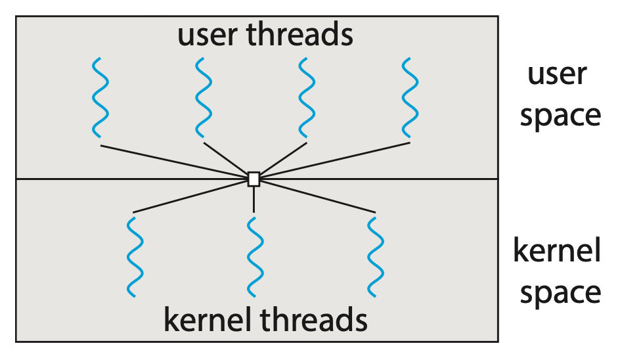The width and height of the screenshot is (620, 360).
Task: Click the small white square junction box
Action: pos(254,179)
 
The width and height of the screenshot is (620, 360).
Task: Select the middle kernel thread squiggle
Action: pos(254,256)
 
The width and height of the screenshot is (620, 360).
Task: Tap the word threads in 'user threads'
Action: pos(300,35)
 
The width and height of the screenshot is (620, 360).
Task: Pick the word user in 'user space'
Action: pos(558,74)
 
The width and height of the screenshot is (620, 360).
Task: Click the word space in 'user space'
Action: pos(560,116)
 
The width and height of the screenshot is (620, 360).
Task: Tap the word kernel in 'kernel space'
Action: pos(557,251)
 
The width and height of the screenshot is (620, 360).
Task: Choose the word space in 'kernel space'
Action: pos(560,293)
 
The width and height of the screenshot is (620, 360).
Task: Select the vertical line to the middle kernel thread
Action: pos(254,199)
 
